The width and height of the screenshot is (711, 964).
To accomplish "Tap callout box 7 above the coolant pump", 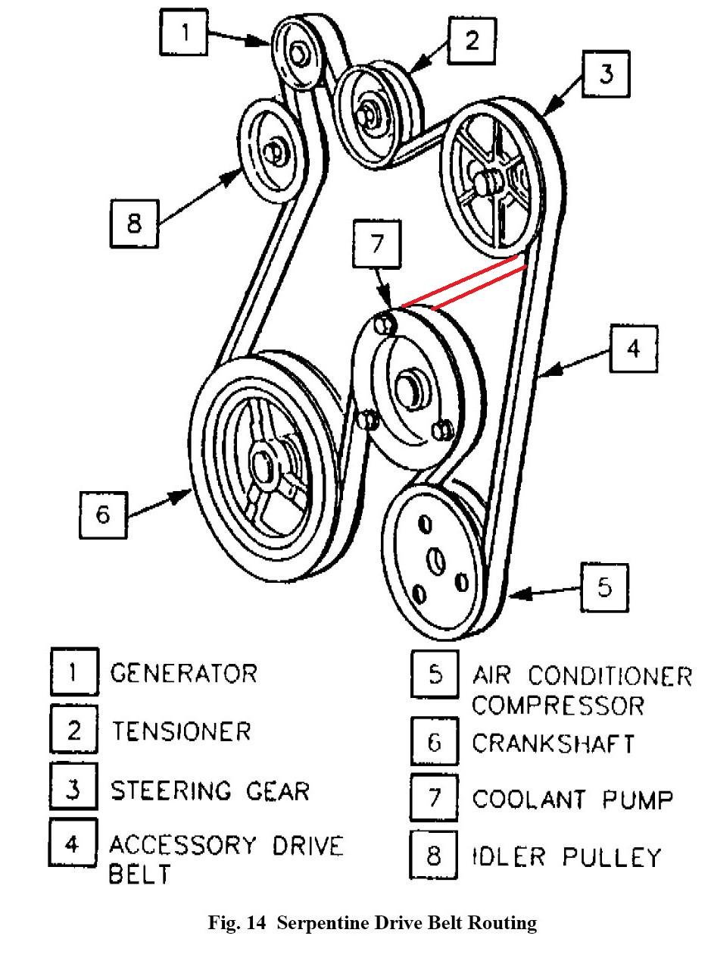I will (377, 246).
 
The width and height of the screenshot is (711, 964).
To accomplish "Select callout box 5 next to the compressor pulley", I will (603, 587).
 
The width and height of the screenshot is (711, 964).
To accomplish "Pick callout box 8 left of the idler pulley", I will (134, 224).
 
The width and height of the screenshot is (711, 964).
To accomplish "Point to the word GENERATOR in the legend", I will (184, 673).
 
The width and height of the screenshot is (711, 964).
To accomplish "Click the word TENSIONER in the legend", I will (181, 731).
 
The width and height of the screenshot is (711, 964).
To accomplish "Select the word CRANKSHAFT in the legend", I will (554, 743).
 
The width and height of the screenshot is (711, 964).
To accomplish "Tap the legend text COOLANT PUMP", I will (572, 799).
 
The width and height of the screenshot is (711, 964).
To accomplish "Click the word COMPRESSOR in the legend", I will (558, 706).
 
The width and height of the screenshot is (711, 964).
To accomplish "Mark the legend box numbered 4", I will (73, 844).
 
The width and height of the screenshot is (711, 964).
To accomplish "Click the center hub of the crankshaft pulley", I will (264, 466).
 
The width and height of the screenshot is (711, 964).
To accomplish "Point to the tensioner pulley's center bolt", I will (372, 110).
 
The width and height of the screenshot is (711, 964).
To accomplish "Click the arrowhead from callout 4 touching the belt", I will (547, 371).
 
